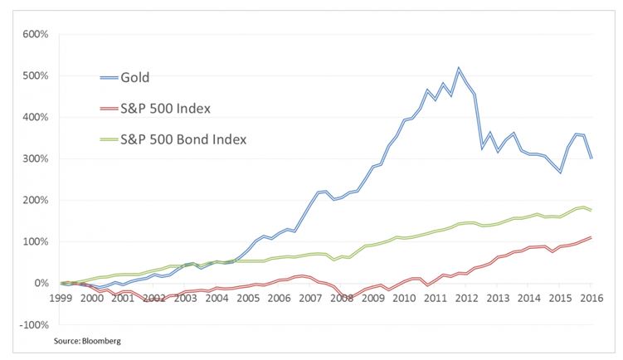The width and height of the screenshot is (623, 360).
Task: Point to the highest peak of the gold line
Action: (459, 68)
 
